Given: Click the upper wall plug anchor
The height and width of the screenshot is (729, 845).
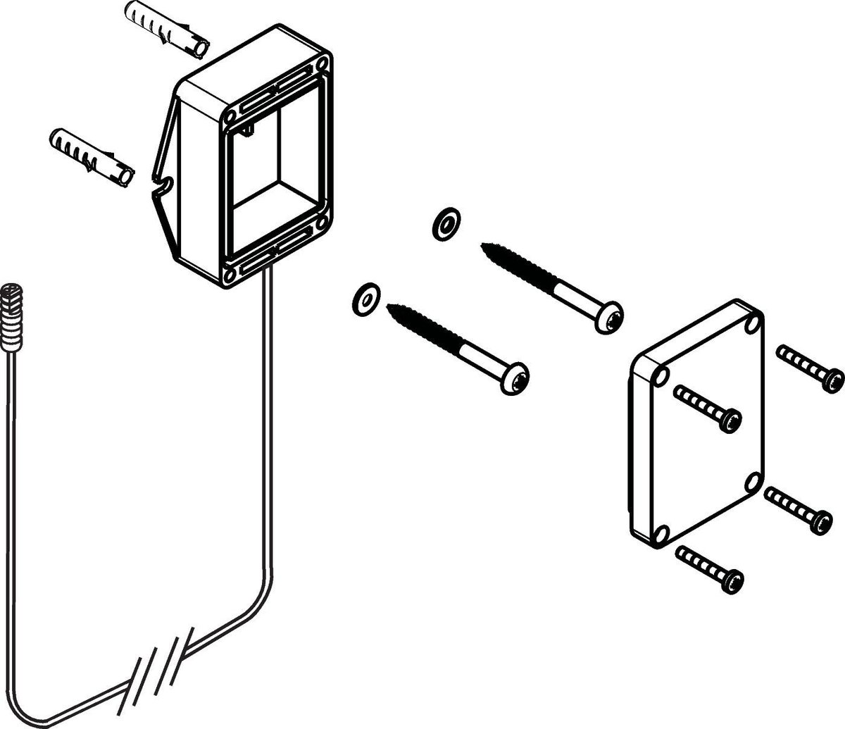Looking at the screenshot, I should [x=165, y=28].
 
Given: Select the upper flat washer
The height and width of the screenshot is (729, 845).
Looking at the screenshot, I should [x=444, y=223].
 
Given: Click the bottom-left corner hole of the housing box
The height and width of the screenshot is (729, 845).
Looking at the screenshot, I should [x=228, y=275].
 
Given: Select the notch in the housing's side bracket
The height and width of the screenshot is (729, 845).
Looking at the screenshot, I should [x=164, y=185].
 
